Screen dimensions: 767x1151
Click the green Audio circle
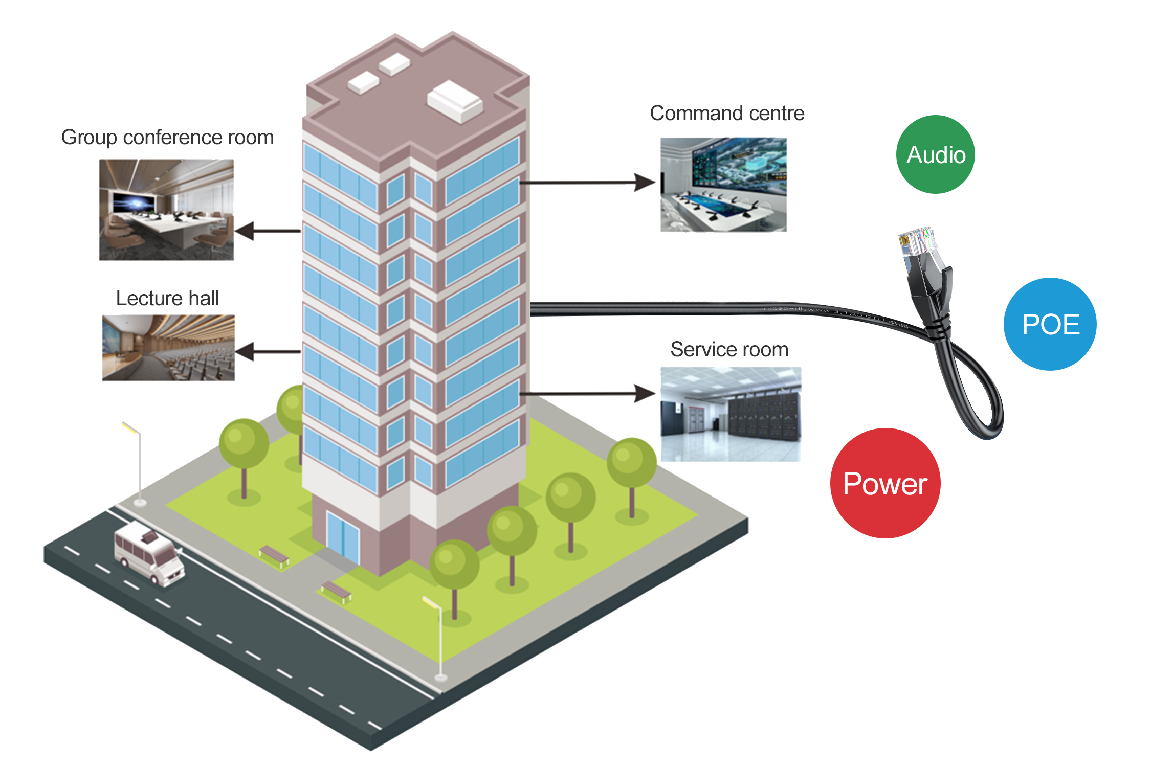click(x=935, y=154)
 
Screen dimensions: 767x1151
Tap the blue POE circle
click(x=1050, y=324)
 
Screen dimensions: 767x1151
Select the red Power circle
click(x=885, y=483)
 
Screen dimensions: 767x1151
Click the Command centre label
click(x=727, y=113)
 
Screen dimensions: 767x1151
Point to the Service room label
click(x=729, y=350)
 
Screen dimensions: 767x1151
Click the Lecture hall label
click(x=167, y=298)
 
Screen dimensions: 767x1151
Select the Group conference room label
click(x=167, y=138)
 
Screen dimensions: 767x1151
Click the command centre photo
click(x=723, y=185)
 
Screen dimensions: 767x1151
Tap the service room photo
click(x=731, y=414)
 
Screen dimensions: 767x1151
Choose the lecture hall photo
click(x=168, y=348)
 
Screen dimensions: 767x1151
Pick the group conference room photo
click(x=166, y=210)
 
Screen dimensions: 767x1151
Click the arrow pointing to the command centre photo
click(x=588, y=182)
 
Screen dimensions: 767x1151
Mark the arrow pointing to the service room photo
click(x=588, y=394)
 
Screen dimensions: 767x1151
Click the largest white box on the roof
click(x=455, y=101)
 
